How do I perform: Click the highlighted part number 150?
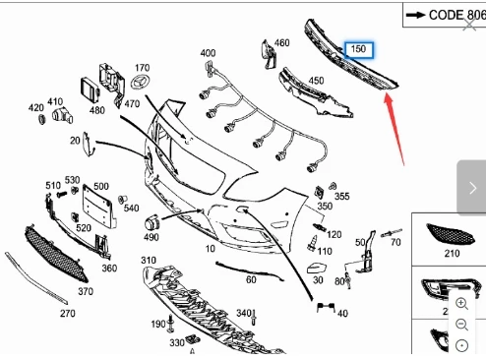click(357, 48)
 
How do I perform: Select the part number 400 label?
click(208, 53)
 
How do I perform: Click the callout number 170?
click(142, 68)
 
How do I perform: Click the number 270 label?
click(67, 314)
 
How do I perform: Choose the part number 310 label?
click(148, 260)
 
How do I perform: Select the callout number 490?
click(151, 237)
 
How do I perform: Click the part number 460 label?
click(281, 43)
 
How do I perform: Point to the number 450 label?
click(316, 82)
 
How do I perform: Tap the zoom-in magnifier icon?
click(461, 303)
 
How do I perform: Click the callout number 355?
click(341, 197)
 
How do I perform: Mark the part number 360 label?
click(108, 268)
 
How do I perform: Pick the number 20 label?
click(75, 141)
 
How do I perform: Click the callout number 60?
click(251, 279)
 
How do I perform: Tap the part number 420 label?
click(36, 107)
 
